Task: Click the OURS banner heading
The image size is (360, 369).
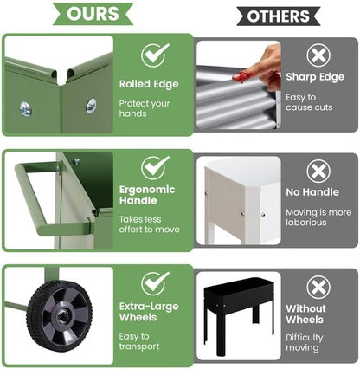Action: (93, 14)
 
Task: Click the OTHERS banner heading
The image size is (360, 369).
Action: (279, 16)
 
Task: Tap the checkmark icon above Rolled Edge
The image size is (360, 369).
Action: (155, 55)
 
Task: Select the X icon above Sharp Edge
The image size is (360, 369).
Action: (318, 55)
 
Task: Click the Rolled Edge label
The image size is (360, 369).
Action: (149, 84)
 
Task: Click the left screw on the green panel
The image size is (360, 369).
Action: (25, 109)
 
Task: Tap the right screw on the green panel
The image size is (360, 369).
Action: (91, 106)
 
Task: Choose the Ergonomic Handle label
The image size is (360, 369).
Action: (147, 195)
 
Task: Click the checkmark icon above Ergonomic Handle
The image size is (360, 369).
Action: (155, 168)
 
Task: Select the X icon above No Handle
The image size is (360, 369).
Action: (318, 172)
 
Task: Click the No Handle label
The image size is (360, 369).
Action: (312, 192)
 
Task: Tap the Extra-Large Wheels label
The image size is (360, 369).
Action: (149, 312)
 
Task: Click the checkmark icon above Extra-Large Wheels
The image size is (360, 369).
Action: (155, 283)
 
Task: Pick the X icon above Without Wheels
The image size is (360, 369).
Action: (318, 288)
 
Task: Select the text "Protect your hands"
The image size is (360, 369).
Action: (145, 108)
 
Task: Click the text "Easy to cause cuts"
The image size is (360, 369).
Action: (309, 102)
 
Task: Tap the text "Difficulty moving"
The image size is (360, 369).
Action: (305, 342)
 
